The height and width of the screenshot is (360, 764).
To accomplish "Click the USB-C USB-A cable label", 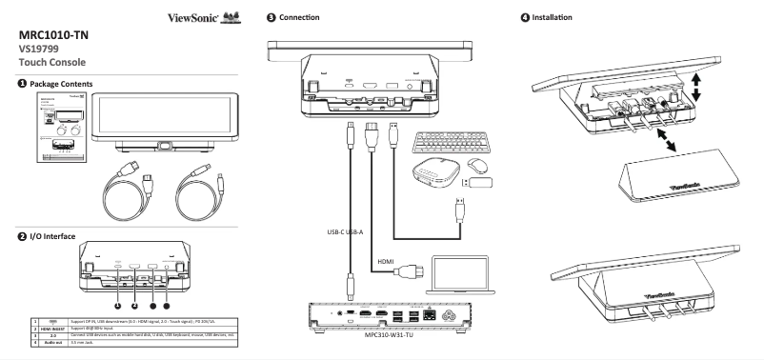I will [339, 229].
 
